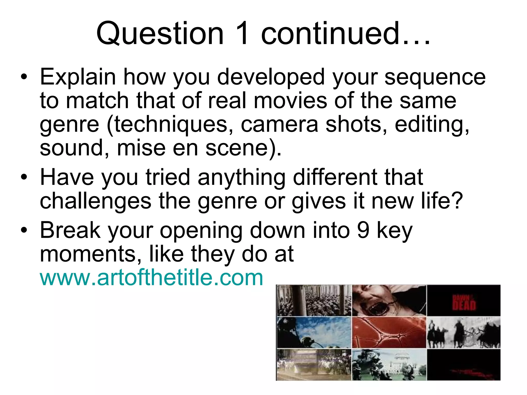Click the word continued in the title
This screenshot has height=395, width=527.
coord(330,33)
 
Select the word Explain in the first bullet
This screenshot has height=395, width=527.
coord(78,77)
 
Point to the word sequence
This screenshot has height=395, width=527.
coord(435,77)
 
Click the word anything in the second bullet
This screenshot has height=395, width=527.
coord(242,177)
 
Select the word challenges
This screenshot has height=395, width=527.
coord(95,201)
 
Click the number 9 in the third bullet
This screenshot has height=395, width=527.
coord(363,230)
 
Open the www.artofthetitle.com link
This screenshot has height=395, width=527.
coord(151,278)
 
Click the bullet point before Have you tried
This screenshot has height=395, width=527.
coord(24,177)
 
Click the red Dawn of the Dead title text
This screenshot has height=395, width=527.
coord(464,303)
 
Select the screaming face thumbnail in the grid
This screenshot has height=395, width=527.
coord(389,300)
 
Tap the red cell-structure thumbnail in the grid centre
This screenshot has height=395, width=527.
coord(389,333)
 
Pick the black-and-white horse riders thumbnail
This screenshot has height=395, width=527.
coord(464,333)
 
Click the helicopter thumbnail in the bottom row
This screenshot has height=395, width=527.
coord(389,365)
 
